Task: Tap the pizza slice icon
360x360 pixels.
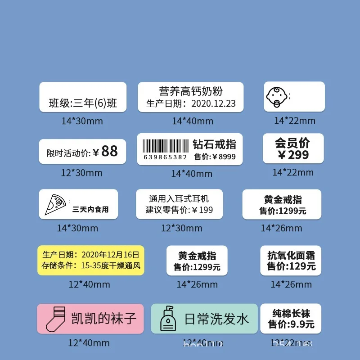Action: (55, 204)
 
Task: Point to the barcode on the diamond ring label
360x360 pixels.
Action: (165, 146)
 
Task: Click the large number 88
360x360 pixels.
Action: (109, 151)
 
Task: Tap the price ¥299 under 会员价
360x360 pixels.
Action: (293, 155)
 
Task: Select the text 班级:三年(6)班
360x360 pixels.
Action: (83, 103)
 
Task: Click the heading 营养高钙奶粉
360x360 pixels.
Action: (191, 91)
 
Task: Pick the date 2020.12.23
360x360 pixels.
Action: (213, 103)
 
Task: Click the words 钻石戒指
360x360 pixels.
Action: (214, 144)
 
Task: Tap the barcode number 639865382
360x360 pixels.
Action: (165, 157)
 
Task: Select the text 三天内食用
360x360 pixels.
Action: (90, 209)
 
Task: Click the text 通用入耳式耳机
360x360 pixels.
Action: (179, 198)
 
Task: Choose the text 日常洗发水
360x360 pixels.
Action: (216, 319)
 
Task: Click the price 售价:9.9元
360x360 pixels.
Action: (291, 324)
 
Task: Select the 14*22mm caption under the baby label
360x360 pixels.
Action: (295, 121)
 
